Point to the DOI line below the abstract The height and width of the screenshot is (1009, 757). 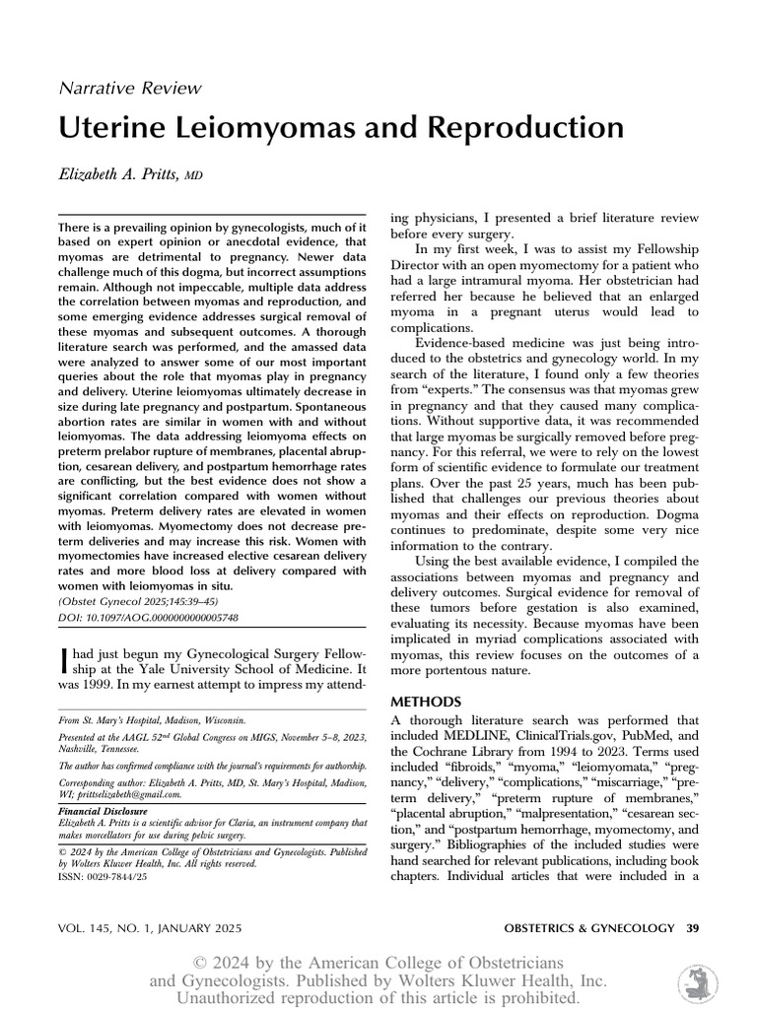(149, 618)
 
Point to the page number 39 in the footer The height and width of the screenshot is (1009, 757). (693, 928)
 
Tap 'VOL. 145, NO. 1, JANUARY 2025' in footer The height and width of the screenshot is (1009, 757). (151, 928)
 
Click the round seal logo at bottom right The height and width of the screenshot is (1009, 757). (698, 982)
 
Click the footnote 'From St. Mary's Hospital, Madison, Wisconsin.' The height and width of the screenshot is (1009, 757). (145, 720)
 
